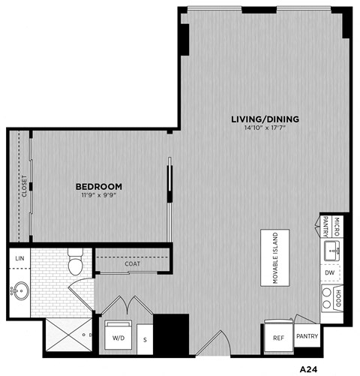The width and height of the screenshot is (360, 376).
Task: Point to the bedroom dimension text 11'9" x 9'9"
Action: coord(99,195)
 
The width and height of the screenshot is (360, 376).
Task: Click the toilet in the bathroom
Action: coord(75,263)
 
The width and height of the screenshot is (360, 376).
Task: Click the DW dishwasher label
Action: coord(330,272)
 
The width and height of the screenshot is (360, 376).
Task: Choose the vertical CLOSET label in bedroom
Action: coord(24,185)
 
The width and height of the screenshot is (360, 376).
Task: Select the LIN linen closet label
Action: coord(18,259)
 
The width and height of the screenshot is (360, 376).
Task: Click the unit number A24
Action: coord(310,368)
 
